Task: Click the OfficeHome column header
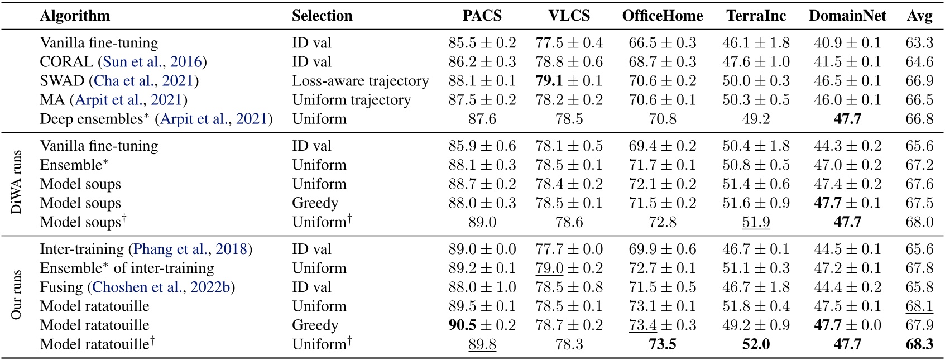click(x=662, y=16)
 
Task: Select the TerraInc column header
click(x=756, y=16)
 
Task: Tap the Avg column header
click(x=919, y=16)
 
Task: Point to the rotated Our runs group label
click(x=17, y=295)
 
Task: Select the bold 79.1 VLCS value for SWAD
click(x=549, y=81)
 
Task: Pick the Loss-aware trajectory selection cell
click(x=360, y=81)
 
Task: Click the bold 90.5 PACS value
click(x=462, y=325)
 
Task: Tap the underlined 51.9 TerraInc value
click(x=756, y=222)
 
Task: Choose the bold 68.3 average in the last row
click(x=919, y=344)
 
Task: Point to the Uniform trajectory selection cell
click(x=351, y=100)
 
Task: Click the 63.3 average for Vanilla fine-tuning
click(x=919, y=43)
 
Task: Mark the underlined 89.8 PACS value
click(x=482, y=344)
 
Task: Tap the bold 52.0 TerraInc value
click(x=756, y=344)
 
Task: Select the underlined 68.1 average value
click(x=919, y=306)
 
